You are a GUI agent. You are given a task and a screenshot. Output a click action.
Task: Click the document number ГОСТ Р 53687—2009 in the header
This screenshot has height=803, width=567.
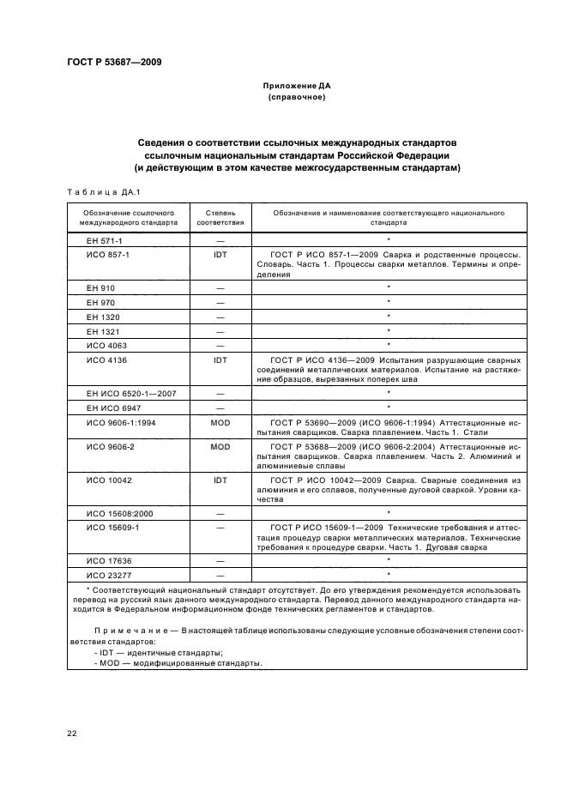pyautogui.click(x=114, y=62)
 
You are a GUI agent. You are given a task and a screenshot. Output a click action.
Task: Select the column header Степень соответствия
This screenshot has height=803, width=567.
pyautogui.click(x=220, y=216)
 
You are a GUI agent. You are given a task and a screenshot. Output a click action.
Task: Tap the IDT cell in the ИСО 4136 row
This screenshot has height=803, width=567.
pyautogui.click(x=220, y=361)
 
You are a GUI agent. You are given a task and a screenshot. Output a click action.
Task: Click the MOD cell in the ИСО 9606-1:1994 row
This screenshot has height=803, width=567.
pyautogui.click(x=220, y=423)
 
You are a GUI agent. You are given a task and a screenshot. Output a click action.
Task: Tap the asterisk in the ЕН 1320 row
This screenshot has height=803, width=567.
pyautogui.click(x=389, y=316)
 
